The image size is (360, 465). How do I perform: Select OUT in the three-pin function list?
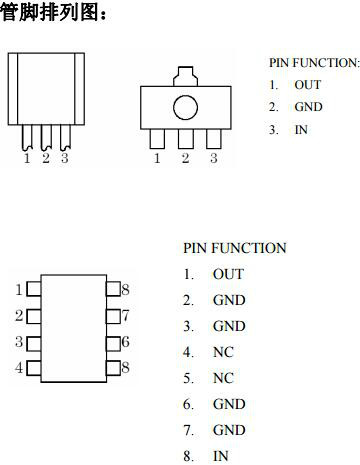(x=307, y=85)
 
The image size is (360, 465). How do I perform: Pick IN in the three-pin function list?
(x=301, y=129)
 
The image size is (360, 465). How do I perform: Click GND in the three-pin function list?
(x=308, y=107)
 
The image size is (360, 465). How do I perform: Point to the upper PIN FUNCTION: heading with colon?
(x=313, y=63)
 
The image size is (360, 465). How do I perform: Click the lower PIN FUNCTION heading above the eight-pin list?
(x=234, y=248)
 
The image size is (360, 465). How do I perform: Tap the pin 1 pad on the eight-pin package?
(x=33, y=290)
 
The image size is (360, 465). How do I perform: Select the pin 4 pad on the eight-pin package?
(x=33, y=368)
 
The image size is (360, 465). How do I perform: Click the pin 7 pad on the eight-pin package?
(x=112, y=316)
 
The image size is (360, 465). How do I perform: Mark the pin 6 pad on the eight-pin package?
(x=112, y=342)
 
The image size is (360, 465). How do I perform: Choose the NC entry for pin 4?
(x=222, y=352)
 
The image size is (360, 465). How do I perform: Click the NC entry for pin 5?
(x=222, y=378)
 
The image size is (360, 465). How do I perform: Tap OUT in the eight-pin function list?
(x=228, y=274)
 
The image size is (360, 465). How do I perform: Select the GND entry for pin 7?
(x=229, y=430)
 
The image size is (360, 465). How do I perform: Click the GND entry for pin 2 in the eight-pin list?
(x=229, y=300)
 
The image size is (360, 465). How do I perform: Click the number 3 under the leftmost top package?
(x=65, y=158)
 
